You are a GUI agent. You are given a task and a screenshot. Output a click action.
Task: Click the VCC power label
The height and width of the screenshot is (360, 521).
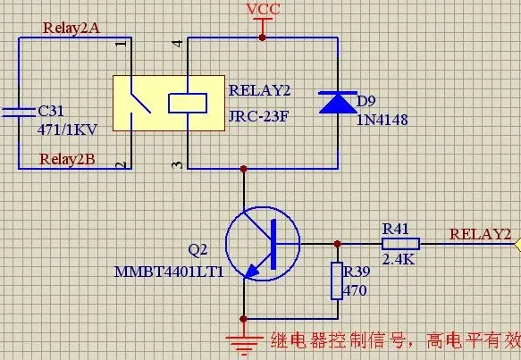click(263, 9)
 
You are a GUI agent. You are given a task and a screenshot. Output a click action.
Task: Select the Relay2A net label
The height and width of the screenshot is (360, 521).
click(71, 28)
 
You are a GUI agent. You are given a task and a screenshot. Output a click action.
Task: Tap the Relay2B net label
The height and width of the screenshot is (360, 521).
click(67, 159)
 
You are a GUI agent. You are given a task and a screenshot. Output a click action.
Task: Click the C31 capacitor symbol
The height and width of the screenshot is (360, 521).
click(19, 113)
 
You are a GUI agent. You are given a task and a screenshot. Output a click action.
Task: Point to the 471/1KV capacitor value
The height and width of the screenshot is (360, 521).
click(67, 130)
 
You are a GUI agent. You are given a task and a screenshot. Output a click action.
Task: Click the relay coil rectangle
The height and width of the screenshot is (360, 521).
click(188, 104)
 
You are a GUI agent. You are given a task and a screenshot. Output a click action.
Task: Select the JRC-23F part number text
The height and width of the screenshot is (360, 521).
click(259, 116)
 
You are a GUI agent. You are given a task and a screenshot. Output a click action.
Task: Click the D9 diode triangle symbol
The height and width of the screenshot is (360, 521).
click(338, 103)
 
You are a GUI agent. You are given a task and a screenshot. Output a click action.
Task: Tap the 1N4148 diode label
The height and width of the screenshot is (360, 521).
click(382, 120)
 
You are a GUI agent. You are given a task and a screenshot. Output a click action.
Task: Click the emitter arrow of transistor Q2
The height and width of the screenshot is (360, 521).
click(252, 271)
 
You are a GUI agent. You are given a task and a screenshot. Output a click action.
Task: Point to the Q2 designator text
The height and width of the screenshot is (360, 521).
click(197, 249)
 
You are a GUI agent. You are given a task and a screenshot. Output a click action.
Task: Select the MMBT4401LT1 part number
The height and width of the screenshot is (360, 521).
click(169, 272)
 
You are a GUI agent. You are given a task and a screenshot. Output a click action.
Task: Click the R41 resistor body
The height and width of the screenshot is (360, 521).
click(400, 244)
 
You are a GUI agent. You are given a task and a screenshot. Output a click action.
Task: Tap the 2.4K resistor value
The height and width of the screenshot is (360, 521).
click(399, 259)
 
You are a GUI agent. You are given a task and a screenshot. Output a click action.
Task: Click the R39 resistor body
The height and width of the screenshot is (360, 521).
click(337, 281)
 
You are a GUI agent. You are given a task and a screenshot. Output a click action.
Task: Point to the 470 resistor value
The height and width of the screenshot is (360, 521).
click(355, 290)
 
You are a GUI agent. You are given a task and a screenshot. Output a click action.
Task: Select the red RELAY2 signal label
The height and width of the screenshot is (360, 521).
click(480, 234)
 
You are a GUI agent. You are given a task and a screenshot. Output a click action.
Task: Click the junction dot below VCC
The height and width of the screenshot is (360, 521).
click(262, 38)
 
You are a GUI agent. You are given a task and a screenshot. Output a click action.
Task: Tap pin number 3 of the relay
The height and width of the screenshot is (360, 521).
click(178, 164)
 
